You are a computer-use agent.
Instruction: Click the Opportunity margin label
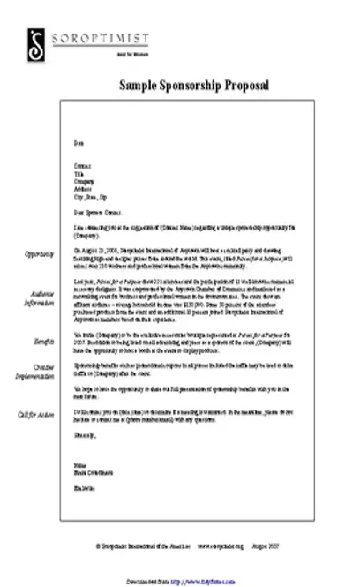(x=41, y=254)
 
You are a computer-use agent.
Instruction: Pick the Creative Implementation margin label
(x=39, y=370)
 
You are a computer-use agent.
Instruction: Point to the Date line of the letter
(x=78, y=142)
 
